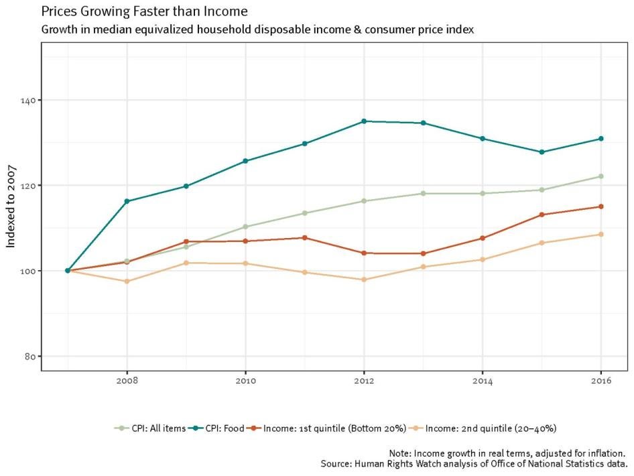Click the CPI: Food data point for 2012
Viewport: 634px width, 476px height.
(x=364, y=121)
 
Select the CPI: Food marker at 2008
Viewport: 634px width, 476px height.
(x=127, y=201)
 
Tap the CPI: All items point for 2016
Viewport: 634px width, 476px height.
(x=601, y=176)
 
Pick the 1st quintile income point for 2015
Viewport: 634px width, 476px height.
(x=542, y=215)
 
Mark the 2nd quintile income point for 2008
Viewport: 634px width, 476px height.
(x=127, y=282)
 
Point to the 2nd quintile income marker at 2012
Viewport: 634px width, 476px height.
(x=364, y=280)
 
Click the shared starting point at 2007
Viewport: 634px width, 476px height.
(x=68, y=271)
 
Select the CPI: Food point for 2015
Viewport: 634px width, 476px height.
(x=542, y=152)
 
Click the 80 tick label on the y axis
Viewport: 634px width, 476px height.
(x=29, y=356)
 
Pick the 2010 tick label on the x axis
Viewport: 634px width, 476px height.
(x=245, y=381)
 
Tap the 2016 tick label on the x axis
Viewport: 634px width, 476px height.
(x=601, y=381)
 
